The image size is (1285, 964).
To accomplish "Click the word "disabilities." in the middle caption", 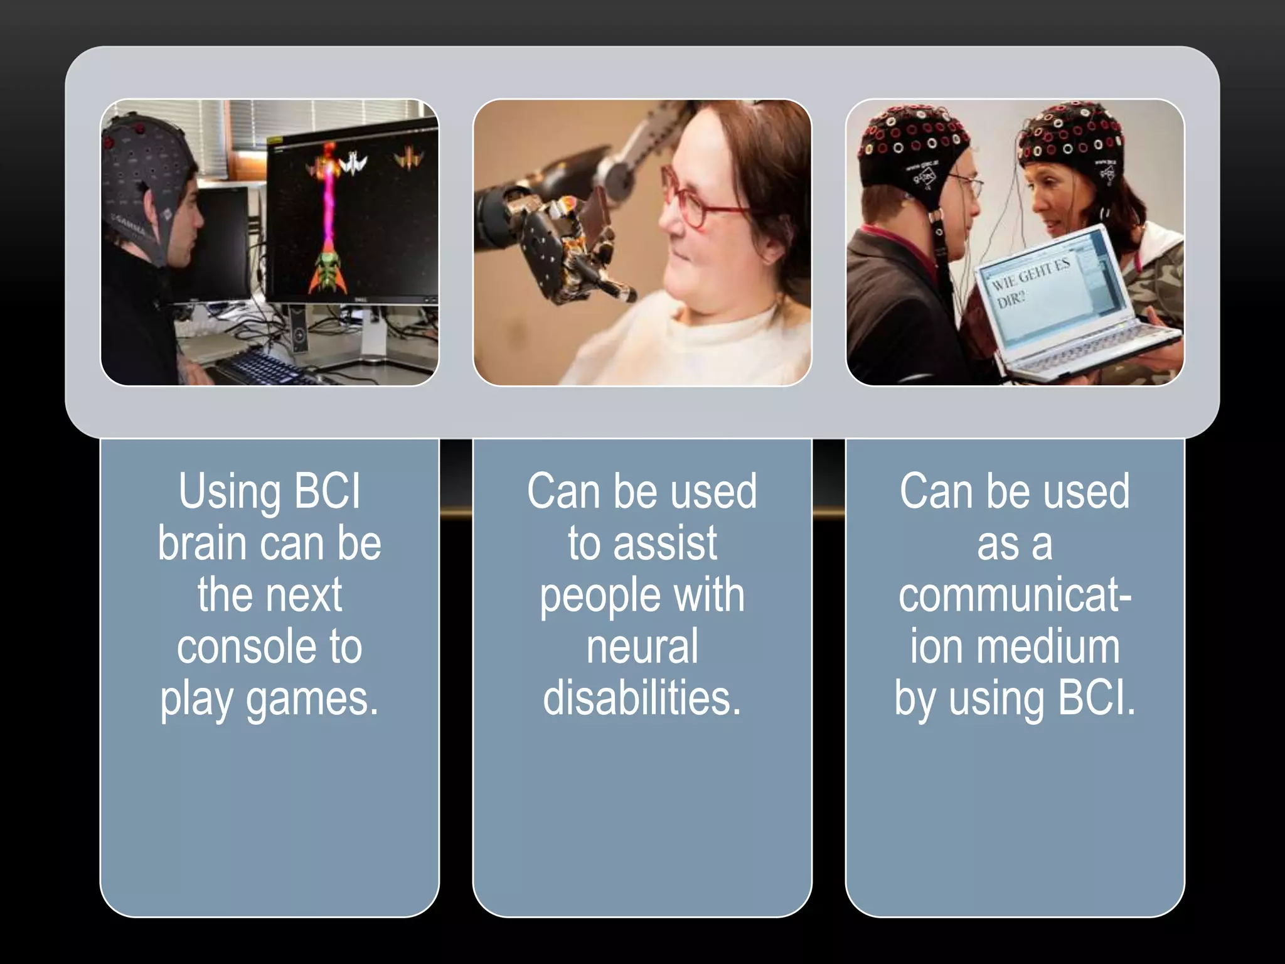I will [x=642, y=699].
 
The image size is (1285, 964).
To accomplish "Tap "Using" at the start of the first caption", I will [x=229, y=491].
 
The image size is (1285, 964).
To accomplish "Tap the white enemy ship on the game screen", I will [x=353, y=164].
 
